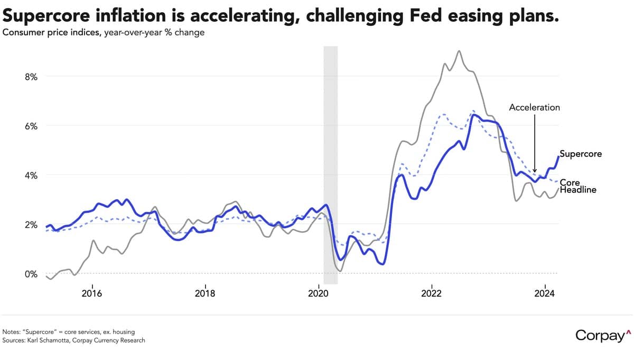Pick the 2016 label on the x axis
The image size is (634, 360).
[92, 293]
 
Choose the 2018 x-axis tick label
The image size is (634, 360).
[205, 293]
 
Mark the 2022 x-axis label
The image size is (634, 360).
[432, 293]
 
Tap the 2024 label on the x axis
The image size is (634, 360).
[545, 293]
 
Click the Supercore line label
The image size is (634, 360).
[581, 154]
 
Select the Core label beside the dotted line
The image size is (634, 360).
[570, 182]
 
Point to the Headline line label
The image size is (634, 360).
[578, 190]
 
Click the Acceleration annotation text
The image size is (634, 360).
[534, 107]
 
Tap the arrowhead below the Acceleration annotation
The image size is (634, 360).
[535, 170]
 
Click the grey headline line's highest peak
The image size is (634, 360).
[459, 51]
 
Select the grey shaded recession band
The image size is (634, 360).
[331, 164]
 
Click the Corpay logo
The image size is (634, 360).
[603, 335]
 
